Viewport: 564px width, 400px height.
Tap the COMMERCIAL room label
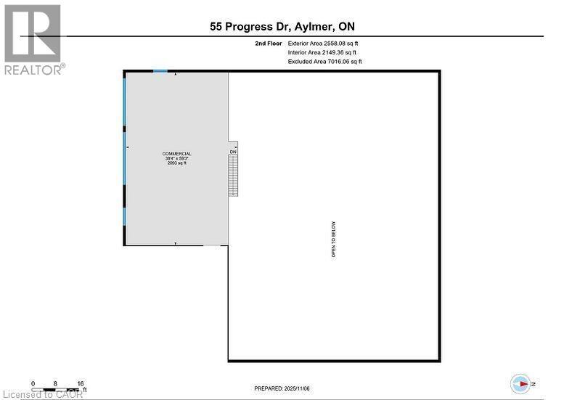pyautogui.click(x=177, y=154)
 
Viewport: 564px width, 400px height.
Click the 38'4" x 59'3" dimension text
pyautogui.click(x=177, y=158)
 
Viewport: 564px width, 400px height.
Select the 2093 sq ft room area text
pyautogui.click(x=177, y=163)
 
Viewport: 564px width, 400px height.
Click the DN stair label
pyautogui.click(x=233, y=152)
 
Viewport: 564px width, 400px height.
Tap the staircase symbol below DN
pyautogui.click(x=233, y=176)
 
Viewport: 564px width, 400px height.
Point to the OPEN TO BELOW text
pyautogui.click(x=334, y=240)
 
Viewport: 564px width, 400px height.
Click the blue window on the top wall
pyautogui.click(x=160, y=71)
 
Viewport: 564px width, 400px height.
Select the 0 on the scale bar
pyautogui.click(x=33, y=383)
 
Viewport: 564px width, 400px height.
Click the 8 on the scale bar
pyautogui.click(x=55, y=383)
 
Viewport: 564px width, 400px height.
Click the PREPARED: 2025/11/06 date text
pyautogui.click(x=282, y=388)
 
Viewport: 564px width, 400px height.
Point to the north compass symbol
pyautogui.click(x=521, y=383)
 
